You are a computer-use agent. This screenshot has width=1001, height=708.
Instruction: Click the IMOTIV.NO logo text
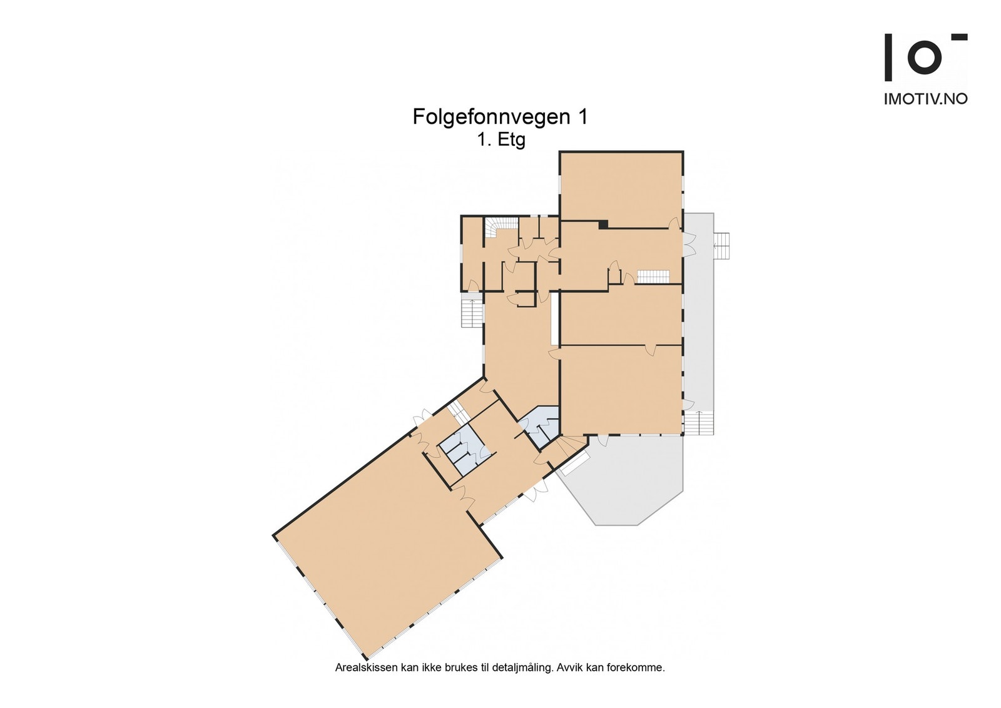925,99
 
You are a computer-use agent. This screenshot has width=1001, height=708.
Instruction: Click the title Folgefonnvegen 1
500,117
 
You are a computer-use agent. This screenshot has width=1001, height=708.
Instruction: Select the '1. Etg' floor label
501,139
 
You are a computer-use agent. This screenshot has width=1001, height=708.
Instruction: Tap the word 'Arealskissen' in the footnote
366,667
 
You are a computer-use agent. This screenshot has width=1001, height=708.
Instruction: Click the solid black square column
603,224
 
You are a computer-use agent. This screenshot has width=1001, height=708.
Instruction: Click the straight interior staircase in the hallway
653,276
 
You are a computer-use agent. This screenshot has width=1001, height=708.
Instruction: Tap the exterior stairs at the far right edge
722,245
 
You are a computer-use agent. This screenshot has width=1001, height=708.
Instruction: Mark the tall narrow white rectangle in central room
554,318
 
